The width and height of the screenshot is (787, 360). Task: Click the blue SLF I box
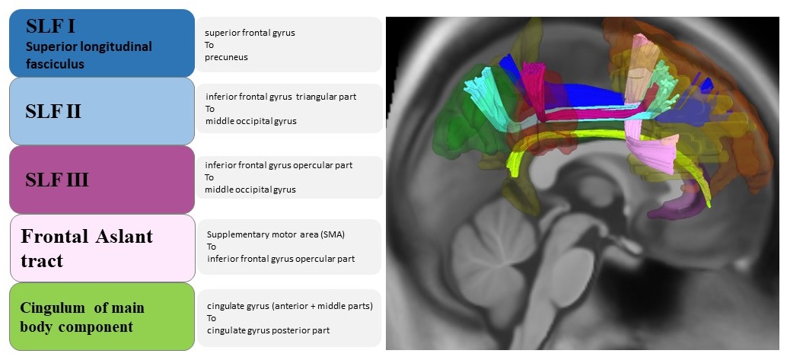(101, 43)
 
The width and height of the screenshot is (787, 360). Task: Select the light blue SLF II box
(101, 111)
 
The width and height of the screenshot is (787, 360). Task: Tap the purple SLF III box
(101, 180)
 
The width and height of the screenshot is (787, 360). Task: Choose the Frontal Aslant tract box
(101, 248)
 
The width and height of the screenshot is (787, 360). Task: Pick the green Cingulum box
(101, 317)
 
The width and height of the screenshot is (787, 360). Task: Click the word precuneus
(226, 57)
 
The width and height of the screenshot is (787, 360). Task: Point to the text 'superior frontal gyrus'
(250, 33)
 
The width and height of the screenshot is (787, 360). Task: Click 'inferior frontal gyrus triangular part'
(281, 97)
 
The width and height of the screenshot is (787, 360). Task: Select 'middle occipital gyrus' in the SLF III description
(250, 190)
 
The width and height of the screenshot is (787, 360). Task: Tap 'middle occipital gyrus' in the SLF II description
(250, 121)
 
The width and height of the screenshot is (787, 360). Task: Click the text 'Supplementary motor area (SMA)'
(276, 234)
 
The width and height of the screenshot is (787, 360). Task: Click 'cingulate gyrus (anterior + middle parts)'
(289, 306)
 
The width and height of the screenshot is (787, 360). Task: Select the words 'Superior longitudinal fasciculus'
(89, 56)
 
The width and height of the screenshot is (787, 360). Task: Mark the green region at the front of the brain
(457, 114)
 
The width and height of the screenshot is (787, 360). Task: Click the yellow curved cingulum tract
(578, 135)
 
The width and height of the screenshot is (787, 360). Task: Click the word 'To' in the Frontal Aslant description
(212, 247)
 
